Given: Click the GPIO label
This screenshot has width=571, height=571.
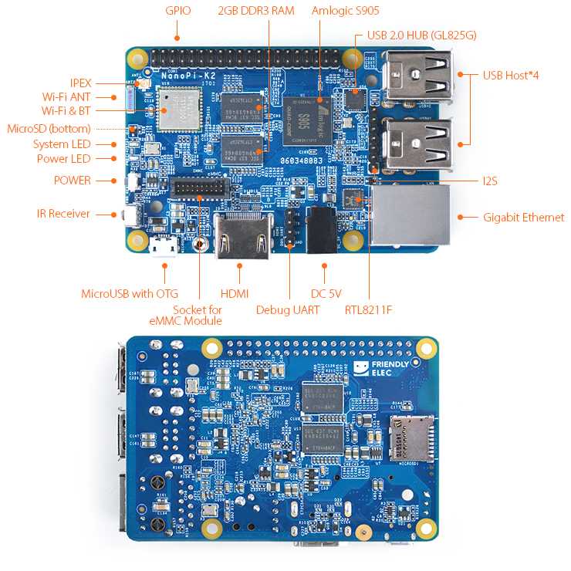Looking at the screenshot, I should (177, 11).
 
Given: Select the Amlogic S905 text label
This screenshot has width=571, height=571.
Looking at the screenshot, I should (345, 11).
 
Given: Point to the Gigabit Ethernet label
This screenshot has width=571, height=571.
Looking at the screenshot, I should (523, 218).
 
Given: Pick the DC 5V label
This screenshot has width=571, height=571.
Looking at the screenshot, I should (326, 293).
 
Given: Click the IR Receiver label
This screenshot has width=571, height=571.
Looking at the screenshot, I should (63, 214).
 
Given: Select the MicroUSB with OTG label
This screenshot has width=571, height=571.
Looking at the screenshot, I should (130, 293).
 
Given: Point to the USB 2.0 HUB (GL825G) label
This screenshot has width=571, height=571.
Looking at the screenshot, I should (421, 35).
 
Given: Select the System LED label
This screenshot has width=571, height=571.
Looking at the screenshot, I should (62, 144).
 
